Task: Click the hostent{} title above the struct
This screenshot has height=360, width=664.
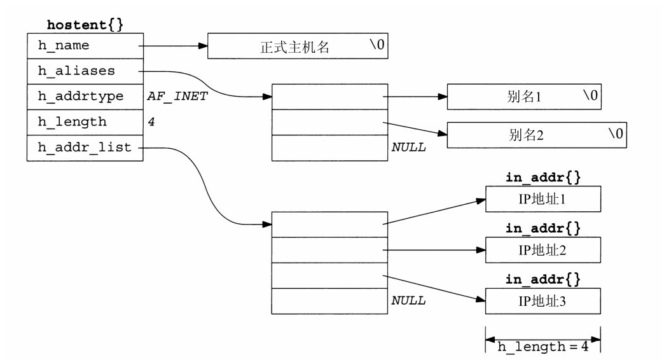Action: pyautogui.click(x=85, y=25)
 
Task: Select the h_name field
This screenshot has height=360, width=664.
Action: pyautogui.click(x=85, y=46)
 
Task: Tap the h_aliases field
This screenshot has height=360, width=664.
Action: pyautogui.click(x=85, y=71)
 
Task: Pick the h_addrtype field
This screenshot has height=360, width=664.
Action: pyautogui.click(x=85, y=97)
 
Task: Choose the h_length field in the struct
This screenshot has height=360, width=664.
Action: pyautogui.click(x=85, y=122)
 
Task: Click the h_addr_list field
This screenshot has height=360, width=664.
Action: pyautogui.click(x=85, y=148)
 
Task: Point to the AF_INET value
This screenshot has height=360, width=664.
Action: pyautogui.click(x=177, y=97)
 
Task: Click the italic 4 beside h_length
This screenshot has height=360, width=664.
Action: pyautogui.click(x=151, y=122)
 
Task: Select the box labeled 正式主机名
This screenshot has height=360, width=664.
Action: pyautogui.click(x=298, y=46)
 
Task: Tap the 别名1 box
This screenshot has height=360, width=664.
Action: pyautogui.click(x=524, y=97)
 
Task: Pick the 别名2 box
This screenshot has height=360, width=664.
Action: pyautogui.click(x=537, y=135)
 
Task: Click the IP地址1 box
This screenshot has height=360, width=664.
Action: pyautogui.click(x=543, y=199)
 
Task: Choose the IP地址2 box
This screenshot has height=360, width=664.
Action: pyautogui.click(x=543, y=250)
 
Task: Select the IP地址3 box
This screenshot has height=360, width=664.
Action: pyautogui.click(x=543, y=301)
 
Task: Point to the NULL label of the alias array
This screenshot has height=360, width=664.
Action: pyautogui.click(x=409, y=148)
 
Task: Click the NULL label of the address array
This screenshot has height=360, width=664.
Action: pyautogui.click(x=409, y=300)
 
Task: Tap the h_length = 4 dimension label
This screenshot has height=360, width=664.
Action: pyautogui.click(x=543, y=347)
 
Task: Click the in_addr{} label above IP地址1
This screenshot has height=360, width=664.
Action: pyautogui.click(x=543, y=177)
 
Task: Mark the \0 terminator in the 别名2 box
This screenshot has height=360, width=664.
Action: pyautogui.click(x=616, y=134)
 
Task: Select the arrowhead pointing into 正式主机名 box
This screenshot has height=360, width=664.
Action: pyautogui.click(x=203, y=46)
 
